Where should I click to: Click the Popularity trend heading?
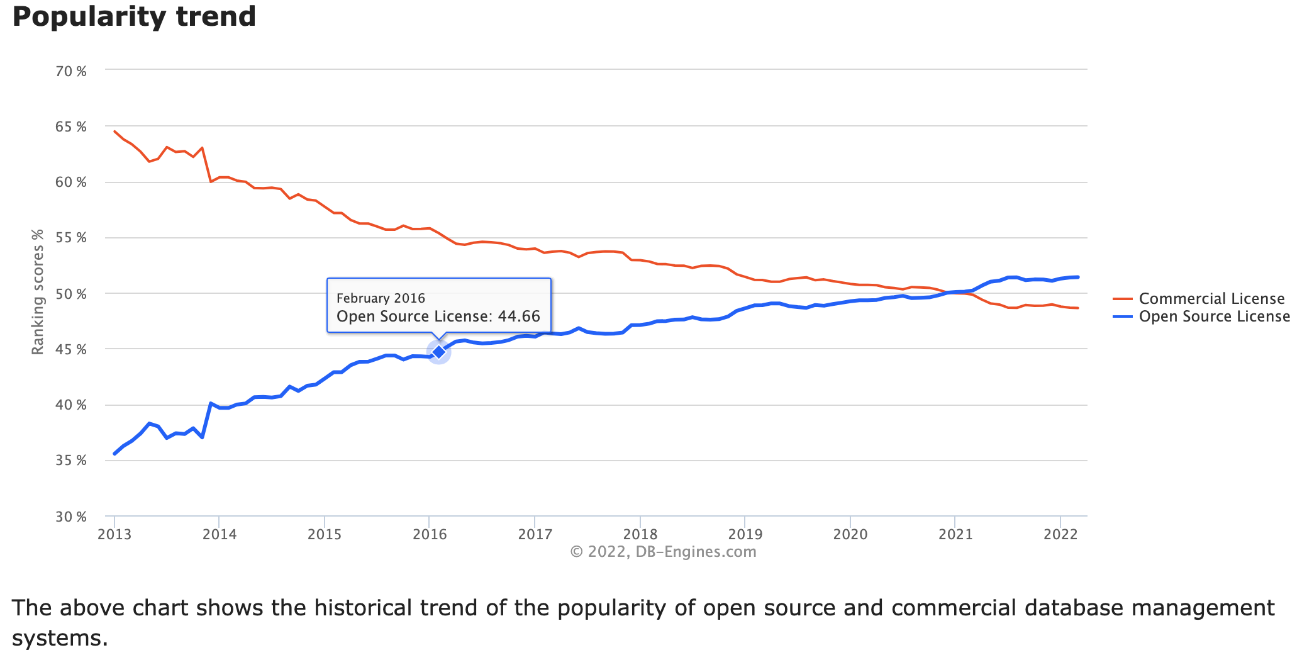coord(134,17)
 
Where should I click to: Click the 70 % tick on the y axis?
coord(71,71)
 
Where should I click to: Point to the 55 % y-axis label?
coord(71,238)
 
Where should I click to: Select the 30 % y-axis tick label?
coord(71,517)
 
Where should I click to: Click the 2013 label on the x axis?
coord(114,535)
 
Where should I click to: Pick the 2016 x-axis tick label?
coord(430,535)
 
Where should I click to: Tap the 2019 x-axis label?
coord(745,535)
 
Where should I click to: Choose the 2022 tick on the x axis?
coord(1060,535)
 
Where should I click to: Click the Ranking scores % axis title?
coord(38,292)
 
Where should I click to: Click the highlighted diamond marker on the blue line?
coord(438,352)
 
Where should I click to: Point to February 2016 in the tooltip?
coord(381,298)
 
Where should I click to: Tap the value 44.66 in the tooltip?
coord(519,316)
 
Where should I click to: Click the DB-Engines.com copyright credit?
coord(663,552)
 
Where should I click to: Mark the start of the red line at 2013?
coord(114,132)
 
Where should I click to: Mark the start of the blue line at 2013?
coord(114,454)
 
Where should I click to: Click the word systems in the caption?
coord(59,639)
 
